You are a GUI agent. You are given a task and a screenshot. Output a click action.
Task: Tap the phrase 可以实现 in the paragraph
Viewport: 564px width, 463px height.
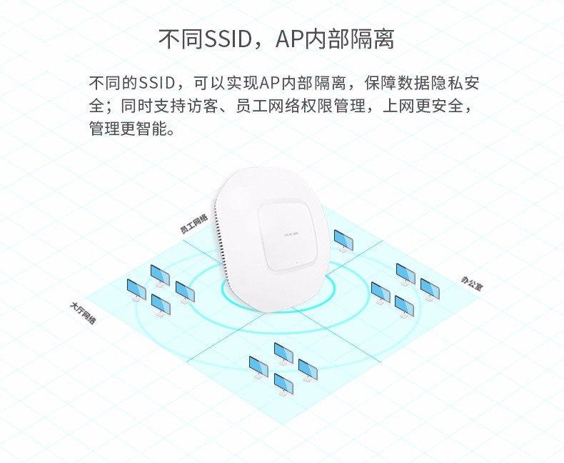[225, 83]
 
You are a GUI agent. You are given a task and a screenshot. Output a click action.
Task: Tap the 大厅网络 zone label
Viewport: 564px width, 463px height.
[84, 314]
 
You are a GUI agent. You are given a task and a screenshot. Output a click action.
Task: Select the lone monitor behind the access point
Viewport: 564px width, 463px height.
[343, 239]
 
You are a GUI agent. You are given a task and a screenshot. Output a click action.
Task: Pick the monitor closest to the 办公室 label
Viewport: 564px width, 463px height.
[429, 289]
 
